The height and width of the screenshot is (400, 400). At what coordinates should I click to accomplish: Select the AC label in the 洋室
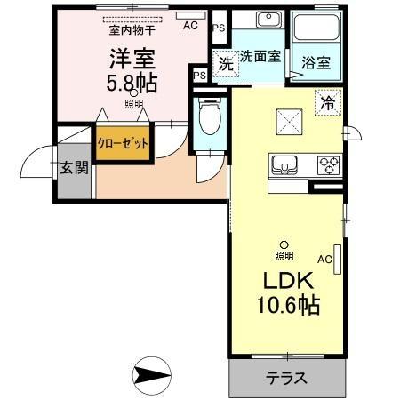(190, 26)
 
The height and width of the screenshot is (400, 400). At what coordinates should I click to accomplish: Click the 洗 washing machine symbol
(226, 65)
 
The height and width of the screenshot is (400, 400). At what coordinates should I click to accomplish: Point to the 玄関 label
(71, 169)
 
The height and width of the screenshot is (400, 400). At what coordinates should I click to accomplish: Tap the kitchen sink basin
(284, 164)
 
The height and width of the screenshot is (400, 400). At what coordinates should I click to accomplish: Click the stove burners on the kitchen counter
(328, 164)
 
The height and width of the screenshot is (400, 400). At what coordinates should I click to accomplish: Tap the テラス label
(286, 377)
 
